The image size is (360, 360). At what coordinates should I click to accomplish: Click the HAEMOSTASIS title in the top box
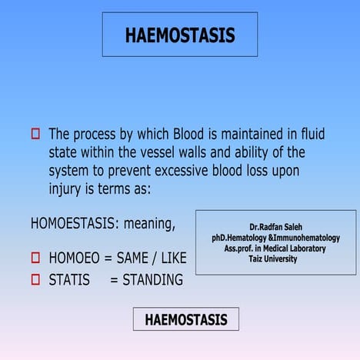click(180, 35)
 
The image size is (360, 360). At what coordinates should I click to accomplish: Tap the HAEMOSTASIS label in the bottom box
click(186, 319)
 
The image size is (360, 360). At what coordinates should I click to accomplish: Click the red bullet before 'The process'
click(35, 134)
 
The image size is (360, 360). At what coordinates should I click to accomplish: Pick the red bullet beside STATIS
click(35, 280)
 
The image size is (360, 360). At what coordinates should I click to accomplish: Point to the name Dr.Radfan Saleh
click(275, 228)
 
